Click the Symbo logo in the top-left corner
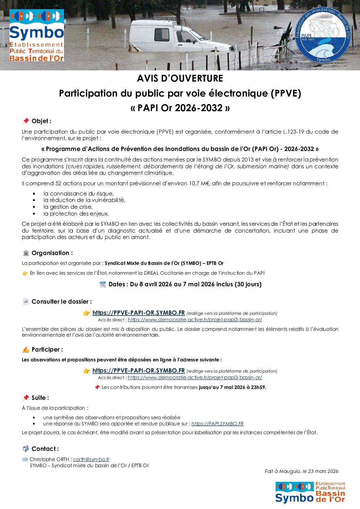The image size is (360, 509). tap(36, 35)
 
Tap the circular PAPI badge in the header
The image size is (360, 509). tap(322, 35)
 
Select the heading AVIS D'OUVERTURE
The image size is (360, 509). tap(180, 79)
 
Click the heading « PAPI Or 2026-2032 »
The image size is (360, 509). tap(180, 108)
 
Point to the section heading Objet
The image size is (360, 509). tap(41, 121)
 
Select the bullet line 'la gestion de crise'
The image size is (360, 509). tap(68, 207)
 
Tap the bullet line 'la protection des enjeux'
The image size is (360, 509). tap(76, 214)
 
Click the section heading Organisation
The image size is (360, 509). tap(52, 253)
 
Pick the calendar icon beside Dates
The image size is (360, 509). tap(102, 284)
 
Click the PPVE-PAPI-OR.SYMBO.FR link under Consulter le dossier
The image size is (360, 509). tap(138, 313)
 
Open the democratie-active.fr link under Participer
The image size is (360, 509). tap(195, 377)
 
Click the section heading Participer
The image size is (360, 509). tap(47, 350)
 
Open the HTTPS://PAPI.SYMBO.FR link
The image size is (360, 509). tap(217, 424)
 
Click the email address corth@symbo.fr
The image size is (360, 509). tap(91, 459)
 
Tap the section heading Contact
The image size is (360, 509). tap(45, 449)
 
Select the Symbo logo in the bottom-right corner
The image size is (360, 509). tap(310, 492)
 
